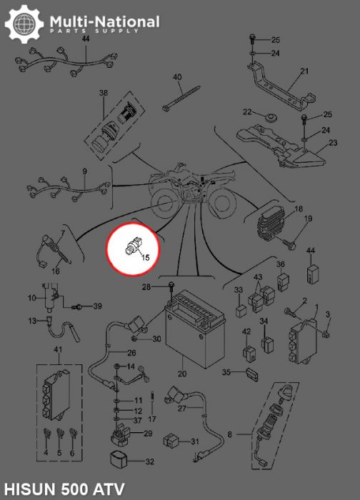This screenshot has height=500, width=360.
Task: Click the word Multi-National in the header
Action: tap(104, 22)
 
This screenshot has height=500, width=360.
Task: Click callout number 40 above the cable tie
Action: tap(177, 77)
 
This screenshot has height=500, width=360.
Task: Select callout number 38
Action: tap(103, 94)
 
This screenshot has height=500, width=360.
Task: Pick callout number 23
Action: tap(332, 143)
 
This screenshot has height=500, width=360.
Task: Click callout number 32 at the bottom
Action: tap(149, 462)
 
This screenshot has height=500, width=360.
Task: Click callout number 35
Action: tap(226, 372)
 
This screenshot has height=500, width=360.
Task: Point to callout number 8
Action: tap(229, 434)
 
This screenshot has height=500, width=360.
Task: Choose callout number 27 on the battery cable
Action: tap(181, 409)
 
